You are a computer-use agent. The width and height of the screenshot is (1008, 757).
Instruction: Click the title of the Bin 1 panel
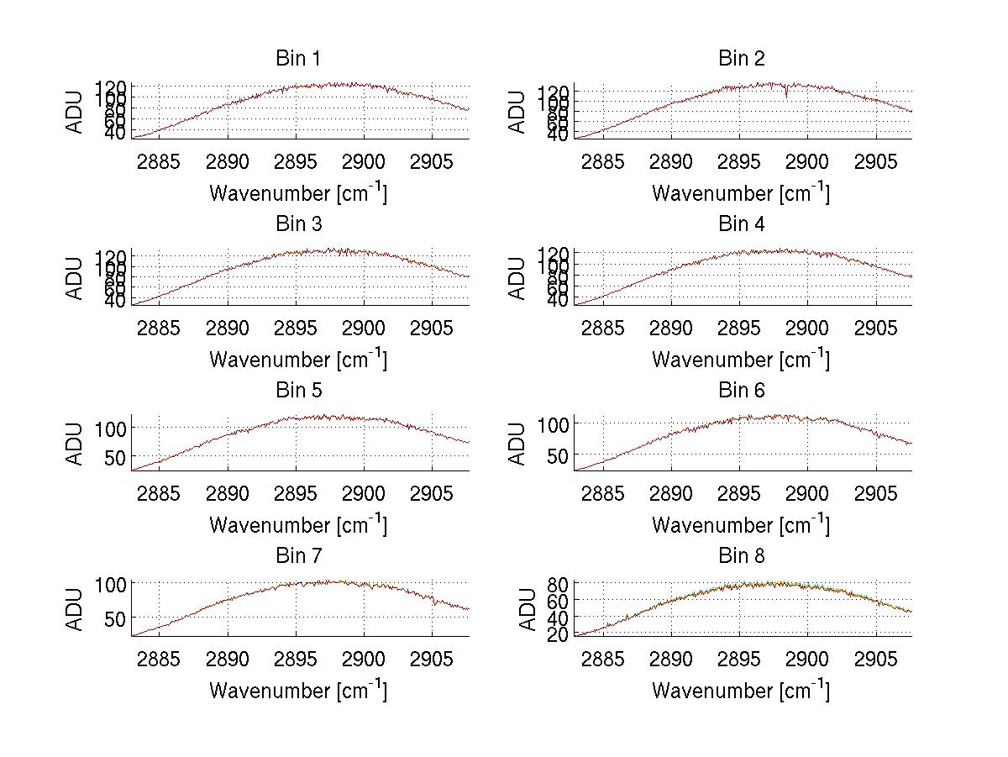pos(297,59)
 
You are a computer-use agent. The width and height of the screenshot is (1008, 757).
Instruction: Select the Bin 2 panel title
pos(741,59)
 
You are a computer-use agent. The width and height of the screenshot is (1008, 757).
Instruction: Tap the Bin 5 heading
pos(297,391)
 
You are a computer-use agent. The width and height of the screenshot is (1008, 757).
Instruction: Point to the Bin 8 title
pos(741,556)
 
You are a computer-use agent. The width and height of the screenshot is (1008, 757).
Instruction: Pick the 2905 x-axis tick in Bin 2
pos(875,161)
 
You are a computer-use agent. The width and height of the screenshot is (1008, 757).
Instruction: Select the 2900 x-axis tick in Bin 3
pos(363,327)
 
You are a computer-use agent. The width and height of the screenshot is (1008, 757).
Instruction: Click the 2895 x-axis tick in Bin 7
pos(295,659)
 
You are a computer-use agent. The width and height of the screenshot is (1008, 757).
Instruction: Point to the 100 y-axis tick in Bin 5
pos(114,427)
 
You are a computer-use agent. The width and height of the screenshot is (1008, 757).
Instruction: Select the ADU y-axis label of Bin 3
pos(76,279)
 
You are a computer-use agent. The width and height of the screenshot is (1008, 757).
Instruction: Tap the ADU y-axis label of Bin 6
pos(518,444)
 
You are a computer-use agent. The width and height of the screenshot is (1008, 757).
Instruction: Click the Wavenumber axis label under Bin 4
pos(741,359)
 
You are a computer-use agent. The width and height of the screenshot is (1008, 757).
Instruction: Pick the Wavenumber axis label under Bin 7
pos(297,691)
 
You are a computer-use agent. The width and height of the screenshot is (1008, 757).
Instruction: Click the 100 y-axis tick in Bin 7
pos(114,583)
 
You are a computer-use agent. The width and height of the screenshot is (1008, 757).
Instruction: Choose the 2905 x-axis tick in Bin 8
pos(875,659)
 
